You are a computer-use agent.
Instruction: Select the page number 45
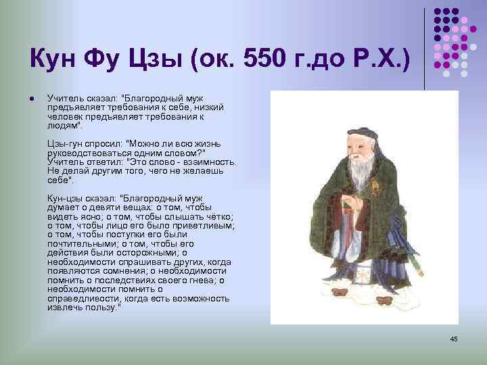point(454,338)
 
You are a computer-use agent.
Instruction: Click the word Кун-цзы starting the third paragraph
point(65,197)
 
